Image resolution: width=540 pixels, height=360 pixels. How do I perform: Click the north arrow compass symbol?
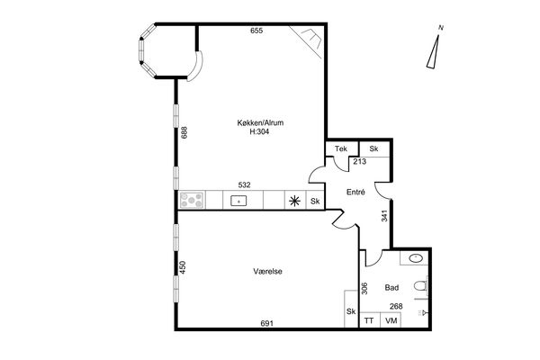pos(434,49)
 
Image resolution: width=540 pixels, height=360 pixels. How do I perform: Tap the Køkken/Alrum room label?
pos(260,122)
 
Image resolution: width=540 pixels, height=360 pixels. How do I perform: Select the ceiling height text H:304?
pos(259,131)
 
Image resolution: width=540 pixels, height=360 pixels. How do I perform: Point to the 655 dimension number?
pos(256,31)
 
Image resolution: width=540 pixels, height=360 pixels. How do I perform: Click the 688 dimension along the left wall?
pos(184,132)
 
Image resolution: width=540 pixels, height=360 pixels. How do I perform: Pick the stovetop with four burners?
pos(192,200)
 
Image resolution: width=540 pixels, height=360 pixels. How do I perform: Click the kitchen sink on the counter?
pos(238,201)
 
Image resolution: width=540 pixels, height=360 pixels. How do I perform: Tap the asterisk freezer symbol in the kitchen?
pos(295,201)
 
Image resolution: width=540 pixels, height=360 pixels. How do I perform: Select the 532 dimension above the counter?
pos(244,185)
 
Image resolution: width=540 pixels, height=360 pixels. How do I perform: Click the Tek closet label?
pos(341,148)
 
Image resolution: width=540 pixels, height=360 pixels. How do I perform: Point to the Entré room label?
pos(355,193)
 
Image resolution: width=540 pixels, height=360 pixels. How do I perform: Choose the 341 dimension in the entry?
pos(384,216)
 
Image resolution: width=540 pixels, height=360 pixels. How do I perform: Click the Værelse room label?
pos(267,272)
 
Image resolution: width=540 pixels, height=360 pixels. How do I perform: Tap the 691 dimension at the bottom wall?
pos(267,323)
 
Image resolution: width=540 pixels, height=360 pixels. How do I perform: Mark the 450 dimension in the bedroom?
pos(183,267)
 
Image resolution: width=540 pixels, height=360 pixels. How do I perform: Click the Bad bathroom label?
pos(391,288)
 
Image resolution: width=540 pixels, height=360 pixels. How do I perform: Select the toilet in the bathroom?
pos(421,286)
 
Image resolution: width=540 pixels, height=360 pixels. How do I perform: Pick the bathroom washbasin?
pos(417,258)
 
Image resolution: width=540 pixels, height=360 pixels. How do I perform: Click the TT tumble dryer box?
pos(369,320)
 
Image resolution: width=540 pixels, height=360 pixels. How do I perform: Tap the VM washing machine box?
pos(391,320)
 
